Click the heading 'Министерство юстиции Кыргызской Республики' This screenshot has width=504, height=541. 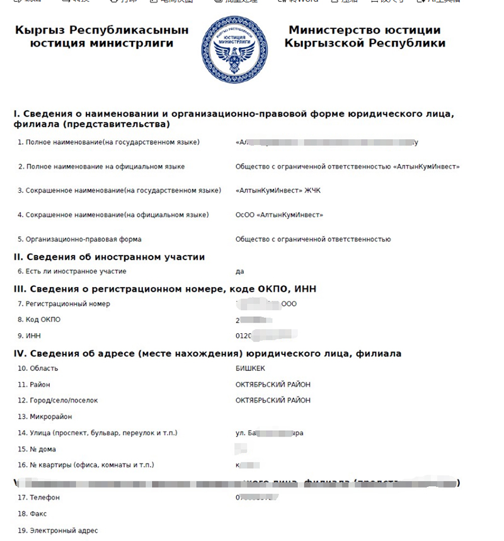point(365,37)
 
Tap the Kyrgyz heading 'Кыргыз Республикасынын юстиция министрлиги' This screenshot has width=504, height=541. point(101,37)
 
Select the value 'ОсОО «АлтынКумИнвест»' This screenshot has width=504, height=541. point(279,215)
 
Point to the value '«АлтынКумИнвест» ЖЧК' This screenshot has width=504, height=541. point(278,190)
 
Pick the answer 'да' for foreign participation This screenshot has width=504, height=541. point(240,271)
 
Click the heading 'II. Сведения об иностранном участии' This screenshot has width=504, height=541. point(109,257)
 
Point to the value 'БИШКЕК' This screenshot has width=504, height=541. point(249,368)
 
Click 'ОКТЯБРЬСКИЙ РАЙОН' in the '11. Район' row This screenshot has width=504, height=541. point(273,384)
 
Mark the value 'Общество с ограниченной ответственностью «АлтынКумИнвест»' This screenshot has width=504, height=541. point(348,167)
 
